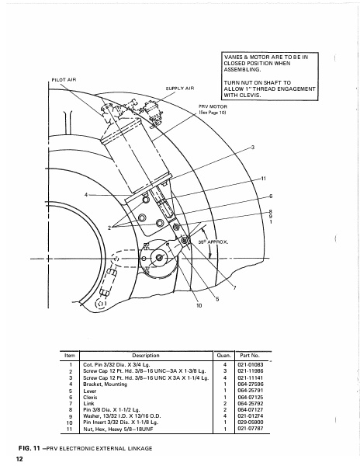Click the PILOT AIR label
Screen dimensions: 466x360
65,80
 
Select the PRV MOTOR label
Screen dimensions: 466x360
213,106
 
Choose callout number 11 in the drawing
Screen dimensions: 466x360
264,179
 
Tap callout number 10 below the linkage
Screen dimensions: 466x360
199,306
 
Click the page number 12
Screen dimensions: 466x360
18,459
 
